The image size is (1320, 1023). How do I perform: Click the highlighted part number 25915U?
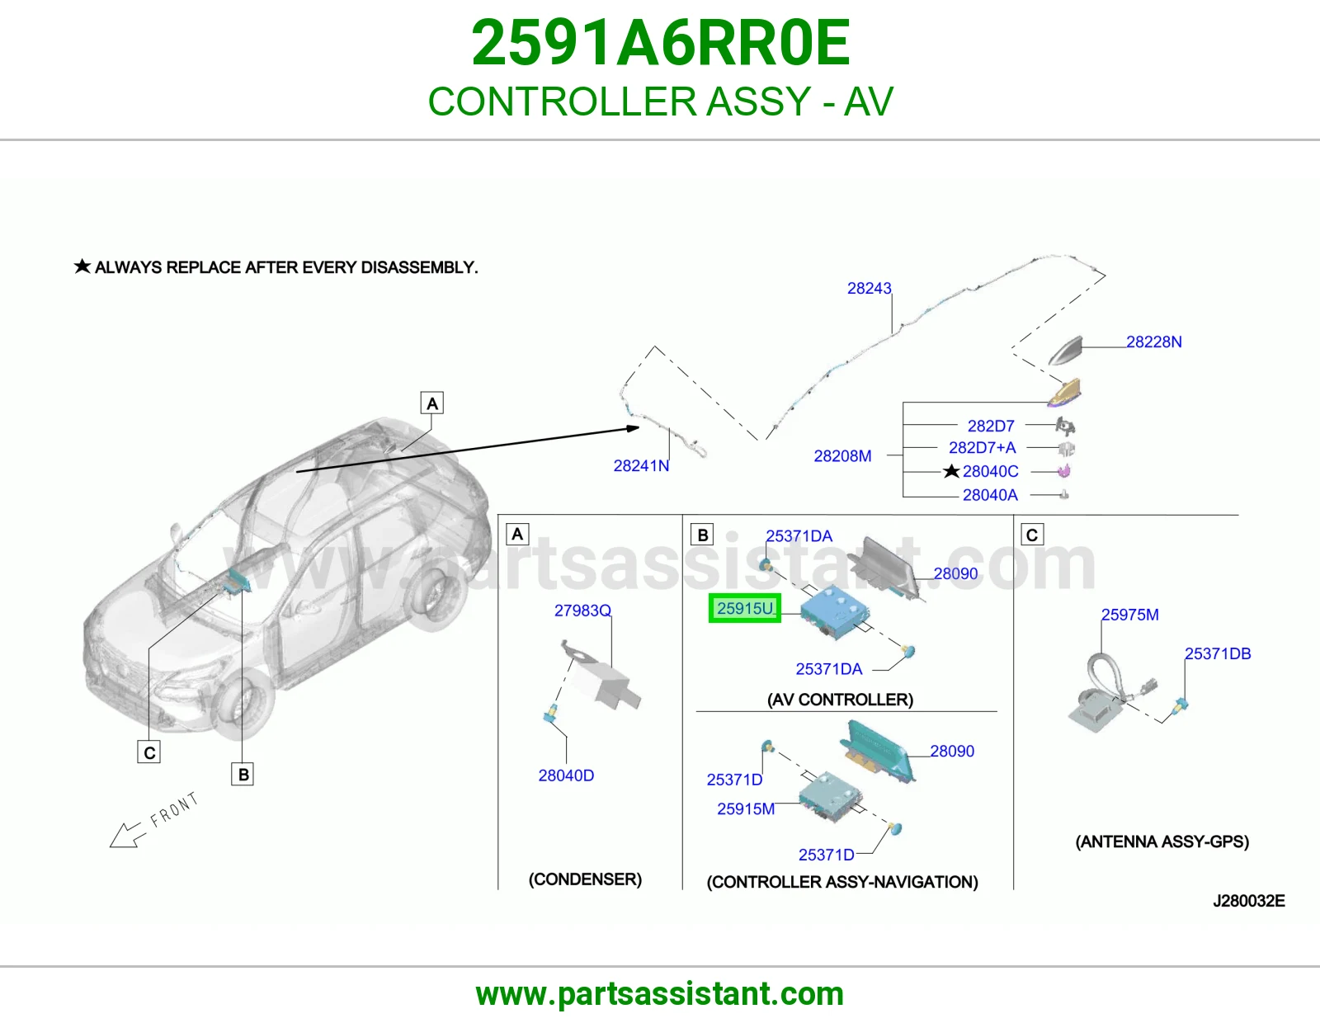click(x=745, y=608)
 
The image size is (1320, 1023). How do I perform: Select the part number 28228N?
click(x=1153, y=342)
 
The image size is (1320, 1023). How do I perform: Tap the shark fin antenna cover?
click(x=1065, y=351)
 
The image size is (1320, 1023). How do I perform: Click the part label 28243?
click(x=870, y=288)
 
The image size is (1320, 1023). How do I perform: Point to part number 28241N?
click(x=641, y=466)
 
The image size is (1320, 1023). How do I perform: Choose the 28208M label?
click(x=842, y=456)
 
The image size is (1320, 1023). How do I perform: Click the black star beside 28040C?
click(x=951, y=471)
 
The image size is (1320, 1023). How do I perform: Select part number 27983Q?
click(x=582, y=610)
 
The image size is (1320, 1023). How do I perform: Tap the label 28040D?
click(x=566, y=775)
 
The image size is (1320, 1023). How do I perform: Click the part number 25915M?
click(x=746, y=809)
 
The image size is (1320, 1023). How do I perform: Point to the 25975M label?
click(x=1130, y=615)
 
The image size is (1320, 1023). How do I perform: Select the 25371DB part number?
click(x=1218, y=653)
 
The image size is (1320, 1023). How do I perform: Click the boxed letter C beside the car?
click(x=148, y=752)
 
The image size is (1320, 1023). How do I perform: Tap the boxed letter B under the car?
click(x=243, y=775)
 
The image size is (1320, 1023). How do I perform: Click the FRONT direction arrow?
click(x=129, y=835)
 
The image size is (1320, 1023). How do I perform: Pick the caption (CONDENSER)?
click(x=585, y=879)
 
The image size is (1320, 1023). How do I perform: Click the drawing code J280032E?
click(x=1249, y=901)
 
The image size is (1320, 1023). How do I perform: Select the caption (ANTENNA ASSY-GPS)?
click(x=1162, y=841)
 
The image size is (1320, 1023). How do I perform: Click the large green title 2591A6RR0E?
click(x=660, y=43)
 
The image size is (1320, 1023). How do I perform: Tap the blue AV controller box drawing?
click(x=834, y=612)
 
